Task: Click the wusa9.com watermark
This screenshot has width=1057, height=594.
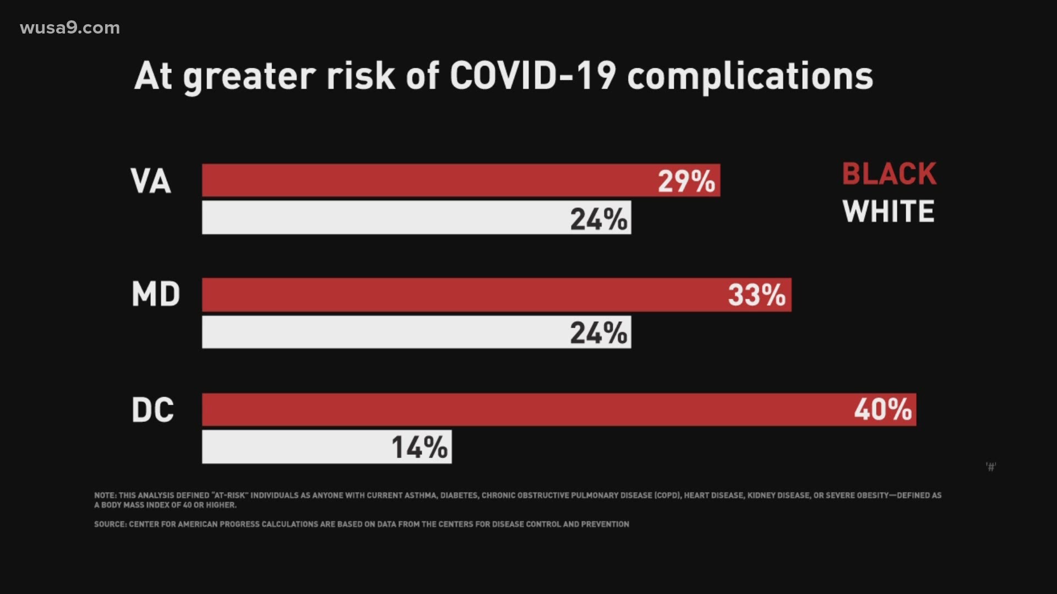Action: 70,28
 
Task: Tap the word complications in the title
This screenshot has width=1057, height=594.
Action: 750,77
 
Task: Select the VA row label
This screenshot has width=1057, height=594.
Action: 150,181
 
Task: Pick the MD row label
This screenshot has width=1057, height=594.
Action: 156,294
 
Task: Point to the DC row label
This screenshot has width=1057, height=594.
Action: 152,410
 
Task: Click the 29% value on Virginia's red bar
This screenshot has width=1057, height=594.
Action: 686,181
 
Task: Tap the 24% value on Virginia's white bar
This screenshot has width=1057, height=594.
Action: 598,219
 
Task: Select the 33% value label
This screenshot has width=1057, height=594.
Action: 756,295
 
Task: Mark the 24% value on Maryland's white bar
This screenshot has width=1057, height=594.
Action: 598,333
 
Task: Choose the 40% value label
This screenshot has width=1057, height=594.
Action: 882,410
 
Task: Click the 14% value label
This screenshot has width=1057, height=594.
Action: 419,447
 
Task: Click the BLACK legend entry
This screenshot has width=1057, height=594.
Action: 889,174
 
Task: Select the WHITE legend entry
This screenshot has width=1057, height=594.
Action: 889,211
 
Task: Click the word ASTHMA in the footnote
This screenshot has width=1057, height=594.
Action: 421,496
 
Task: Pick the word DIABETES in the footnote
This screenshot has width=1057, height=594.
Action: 459,496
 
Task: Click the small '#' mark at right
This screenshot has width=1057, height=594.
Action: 991,467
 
